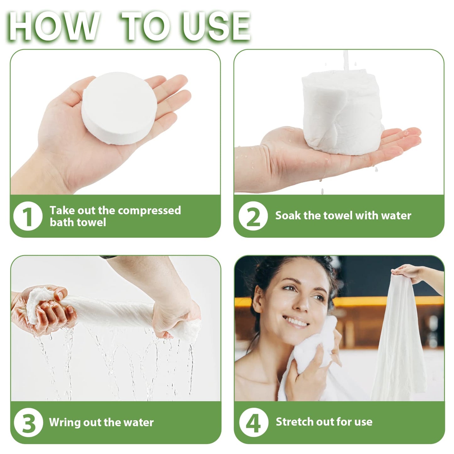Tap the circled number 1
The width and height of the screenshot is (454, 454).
tap(28, 216)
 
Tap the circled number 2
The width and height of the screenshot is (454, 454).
tap(253, 216)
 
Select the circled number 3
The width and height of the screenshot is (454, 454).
tap(28, 423)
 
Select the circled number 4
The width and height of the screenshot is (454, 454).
tap(253, 423)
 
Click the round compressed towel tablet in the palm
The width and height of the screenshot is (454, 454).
tap(119, 108)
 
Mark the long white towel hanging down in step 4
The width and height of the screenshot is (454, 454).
tap(399, 346)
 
